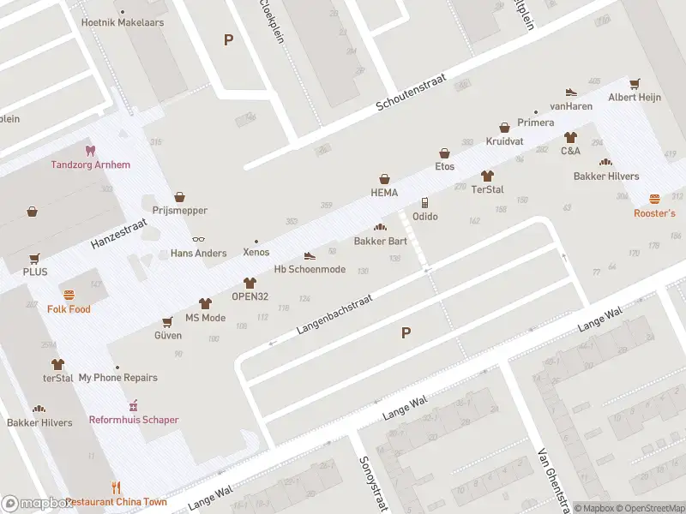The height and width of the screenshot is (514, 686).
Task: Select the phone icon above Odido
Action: [x=424, y=203]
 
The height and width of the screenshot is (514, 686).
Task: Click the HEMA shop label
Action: [x=384, y=193]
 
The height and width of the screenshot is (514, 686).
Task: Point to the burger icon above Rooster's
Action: [x=654, y=199]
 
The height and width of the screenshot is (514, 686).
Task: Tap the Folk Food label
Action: [x=69, y=309]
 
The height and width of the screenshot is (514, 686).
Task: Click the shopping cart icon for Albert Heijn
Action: [x=635, y=84]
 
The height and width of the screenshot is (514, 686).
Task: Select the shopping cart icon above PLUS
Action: [x=35, y=258]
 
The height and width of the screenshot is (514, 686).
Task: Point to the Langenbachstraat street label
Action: [x=335, y=315]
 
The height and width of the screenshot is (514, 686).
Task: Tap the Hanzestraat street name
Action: [x=119, y=234]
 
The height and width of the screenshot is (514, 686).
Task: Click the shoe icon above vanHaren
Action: [x=571, y=93]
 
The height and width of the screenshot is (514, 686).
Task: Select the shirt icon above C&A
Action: [x=570, y=137]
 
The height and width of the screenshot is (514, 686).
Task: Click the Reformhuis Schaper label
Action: [x=134, y=420]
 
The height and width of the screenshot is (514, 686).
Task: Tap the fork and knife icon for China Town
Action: [x=117, y=488]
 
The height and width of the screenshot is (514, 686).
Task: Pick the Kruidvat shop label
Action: [x=504, y=140]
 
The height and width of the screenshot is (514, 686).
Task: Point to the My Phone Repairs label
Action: [x=117, y=378]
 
